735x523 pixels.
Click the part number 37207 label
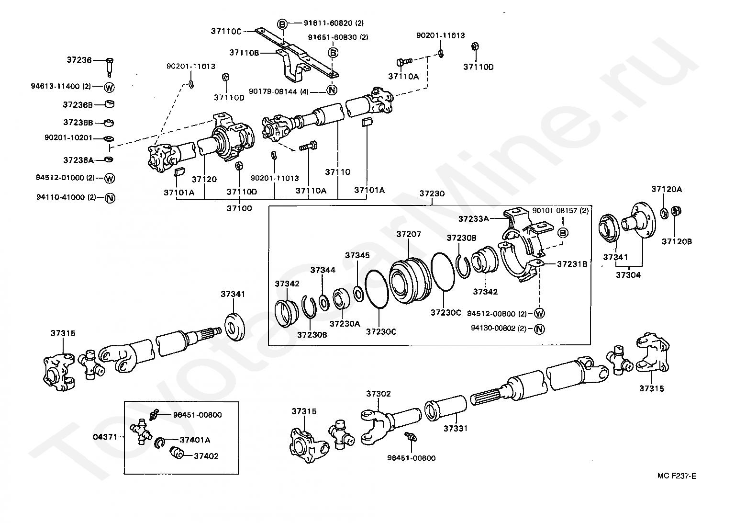tap(409, 234)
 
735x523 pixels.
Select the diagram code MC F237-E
tap(677, 476)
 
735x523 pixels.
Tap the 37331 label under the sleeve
tap(455, 429)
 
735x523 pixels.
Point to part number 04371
tap(104, 437)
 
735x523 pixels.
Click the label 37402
tap(206, 456)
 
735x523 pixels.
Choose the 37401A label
tap(195, 440)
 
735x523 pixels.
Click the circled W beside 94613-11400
tap(109, 87)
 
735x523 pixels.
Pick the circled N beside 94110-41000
tap(109, 197)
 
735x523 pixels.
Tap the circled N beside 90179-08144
tap(332, 90)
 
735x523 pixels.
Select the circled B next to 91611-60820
tap(282, 23)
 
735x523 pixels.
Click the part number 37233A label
tap(473, 219)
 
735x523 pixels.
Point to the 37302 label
tap(379, 394)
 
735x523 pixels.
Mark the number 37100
tap(239, 208)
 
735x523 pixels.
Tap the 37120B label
tap(677, 241)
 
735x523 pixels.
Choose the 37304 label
tap(628, 275)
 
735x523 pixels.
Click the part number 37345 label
tap(357, 255)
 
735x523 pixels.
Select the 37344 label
tap(323, 270)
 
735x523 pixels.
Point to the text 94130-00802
tap(495, 328)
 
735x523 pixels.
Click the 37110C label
tap(226, 31)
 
